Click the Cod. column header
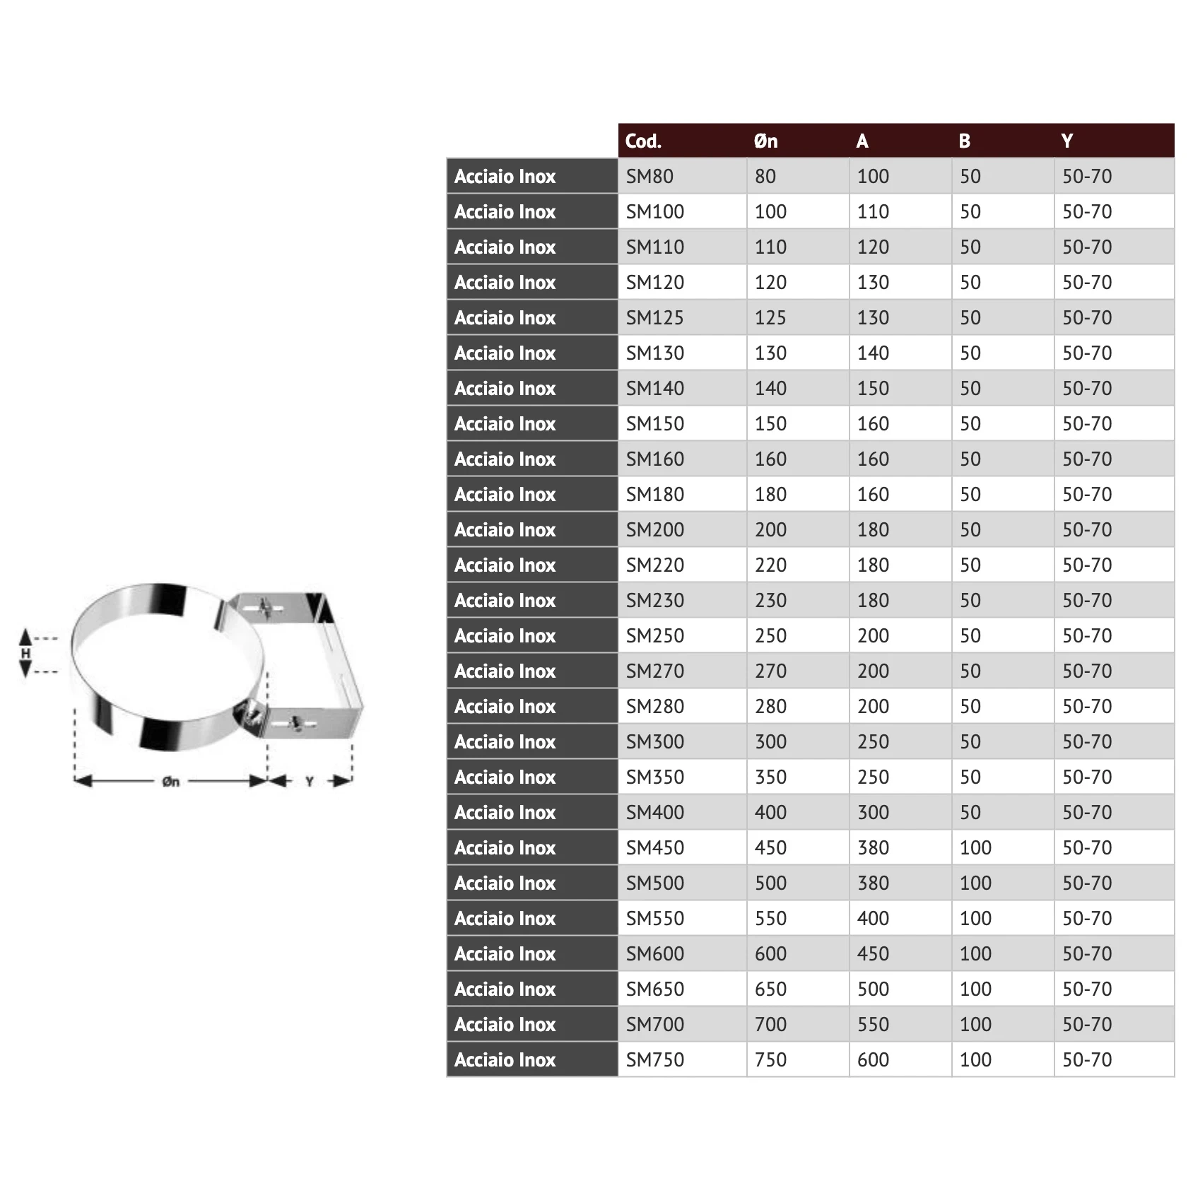pyautogui.click(x=643, y=141)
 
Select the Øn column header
pyautogui.click(x=765, y=141)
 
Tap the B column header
pyautogui.click(x=964, y=141)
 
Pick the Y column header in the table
pyautogui.click(x=1066, y=141)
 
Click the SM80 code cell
pyautogui.click(x=650, y=176)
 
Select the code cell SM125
pyautogui.click(x=654, y=317)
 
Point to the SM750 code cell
pyautogui.click(x=654, y=1059)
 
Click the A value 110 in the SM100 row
pyautogui.click(x=873, y=211)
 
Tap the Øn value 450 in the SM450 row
pyautogui.click(x=770, y=847)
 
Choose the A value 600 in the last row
pyautogui.click(x=873, y=1059)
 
